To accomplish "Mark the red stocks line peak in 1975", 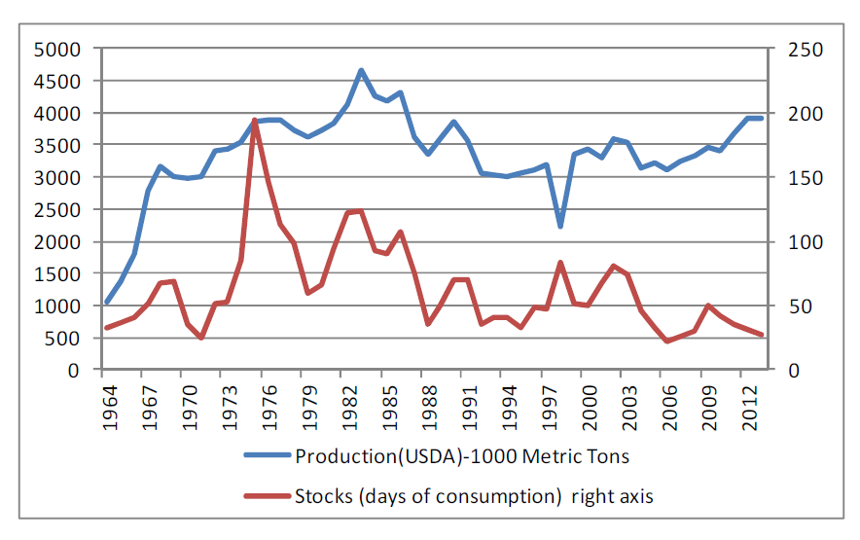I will [x=254, y=120].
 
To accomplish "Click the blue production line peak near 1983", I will [x=361, y=70].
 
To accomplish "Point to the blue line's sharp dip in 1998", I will [x=560, y=227].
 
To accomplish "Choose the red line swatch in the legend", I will [x=263, y=496].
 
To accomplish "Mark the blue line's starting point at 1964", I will [x=107, y=303].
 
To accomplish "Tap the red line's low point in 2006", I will [x=667, y=342].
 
